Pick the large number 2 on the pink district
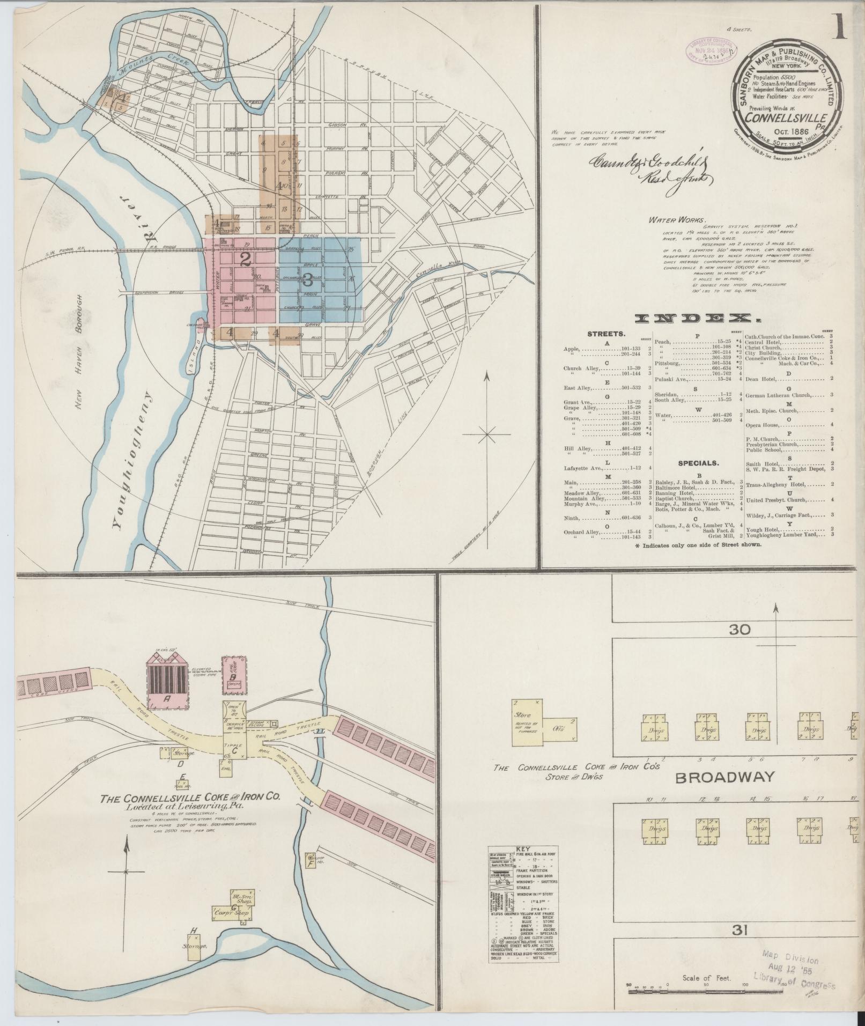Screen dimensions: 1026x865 (x=246, y=260)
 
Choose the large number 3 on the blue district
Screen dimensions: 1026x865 (x=308, y=279)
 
